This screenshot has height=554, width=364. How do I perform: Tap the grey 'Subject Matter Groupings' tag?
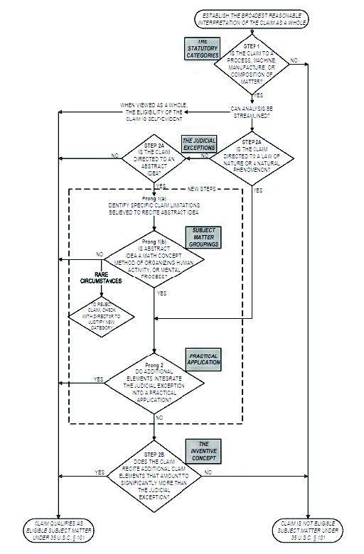(x=202, y=235)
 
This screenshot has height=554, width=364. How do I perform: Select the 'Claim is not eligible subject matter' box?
(x=309, y=529)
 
